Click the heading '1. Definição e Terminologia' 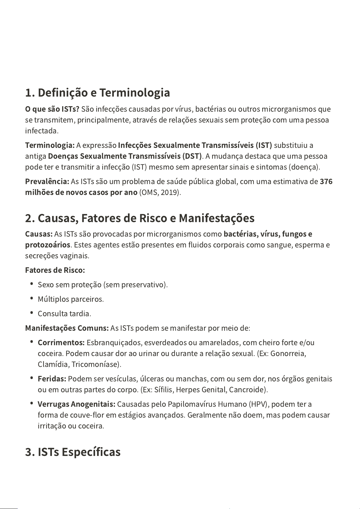click(x=97, y=93)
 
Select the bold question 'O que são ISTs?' click(x=52, y=109)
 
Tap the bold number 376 click(x=326, y=182)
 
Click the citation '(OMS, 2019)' click(x=160, y=192)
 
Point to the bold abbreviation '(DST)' click(x=192, y=156)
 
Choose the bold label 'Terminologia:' click(x=50, y=145)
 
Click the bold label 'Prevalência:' click(x=47, y=182)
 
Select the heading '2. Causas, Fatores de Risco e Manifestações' click(x=140, y=218)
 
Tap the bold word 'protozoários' click(x=48, y=245)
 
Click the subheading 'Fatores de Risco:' click(x=55, y=270)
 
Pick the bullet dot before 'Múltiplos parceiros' click(x=32, y=298)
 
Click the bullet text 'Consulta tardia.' click(x=64, y=314)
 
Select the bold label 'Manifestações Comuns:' click(x=67, y=328)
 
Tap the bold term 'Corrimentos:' click(x=61, y=343)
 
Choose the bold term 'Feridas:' click(x=52, y=379)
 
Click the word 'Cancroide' click(x=247, y=390)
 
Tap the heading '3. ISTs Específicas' click(x=73, y=452)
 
